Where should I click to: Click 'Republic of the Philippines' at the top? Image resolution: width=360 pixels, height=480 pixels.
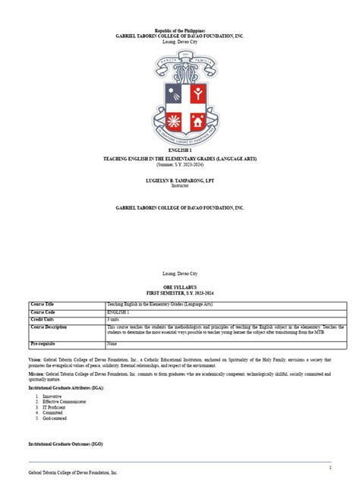[x=179, y=29]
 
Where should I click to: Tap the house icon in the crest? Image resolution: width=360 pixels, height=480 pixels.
[x=197, y=122]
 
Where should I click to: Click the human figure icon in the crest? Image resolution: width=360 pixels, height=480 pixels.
[x=197, y=94]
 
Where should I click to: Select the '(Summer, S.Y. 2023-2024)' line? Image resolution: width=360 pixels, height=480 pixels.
[x=179, y=163]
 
